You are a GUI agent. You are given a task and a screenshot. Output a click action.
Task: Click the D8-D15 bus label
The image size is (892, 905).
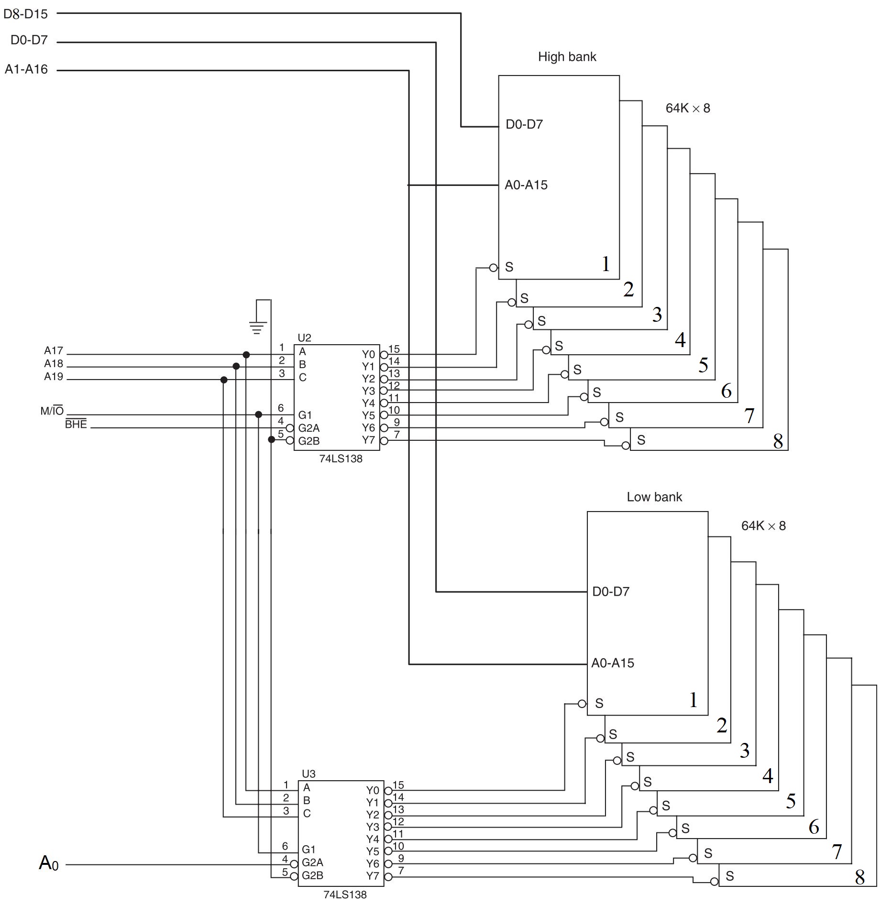(25, 14)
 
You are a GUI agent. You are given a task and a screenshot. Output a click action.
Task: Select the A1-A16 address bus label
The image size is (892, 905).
(26, 69)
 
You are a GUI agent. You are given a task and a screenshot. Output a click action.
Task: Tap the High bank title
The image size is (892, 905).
(567, 57)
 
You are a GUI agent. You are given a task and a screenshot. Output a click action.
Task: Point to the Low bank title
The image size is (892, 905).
(654, 497)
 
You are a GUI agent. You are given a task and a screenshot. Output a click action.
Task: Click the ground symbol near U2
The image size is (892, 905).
(258, 327)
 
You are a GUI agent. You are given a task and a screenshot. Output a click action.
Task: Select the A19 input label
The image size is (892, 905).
(54, 377)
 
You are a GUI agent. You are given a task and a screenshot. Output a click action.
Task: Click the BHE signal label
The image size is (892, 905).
(76, 424)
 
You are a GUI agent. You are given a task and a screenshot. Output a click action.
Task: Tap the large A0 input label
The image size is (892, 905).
(48, 863)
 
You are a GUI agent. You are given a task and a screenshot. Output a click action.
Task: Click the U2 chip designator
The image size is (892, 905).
(304, 338)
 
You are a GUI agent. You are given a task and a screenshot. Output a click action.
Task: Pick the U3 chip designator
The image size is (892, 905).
(308, 774)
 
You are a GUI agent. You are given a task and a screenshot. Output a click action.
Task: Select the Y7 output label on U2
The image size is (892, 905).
(368, 440)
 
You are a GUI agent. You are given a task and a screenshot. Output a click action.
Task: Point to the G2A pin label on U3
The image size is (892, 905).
(312, 862)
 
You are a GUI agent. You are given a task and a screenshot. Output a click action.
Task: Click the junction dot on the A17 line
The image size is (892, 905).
(246, 355)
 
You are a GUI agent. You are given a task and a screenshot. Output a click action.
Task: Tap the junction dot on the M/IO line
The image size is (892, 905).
(259, 414)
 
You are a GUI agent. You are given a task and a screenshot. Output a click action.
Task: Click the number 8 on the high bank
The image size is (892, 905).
(778, 441)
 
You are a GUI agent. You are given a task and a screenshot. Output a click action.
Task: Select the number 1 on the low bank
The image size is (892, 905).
(694, 700)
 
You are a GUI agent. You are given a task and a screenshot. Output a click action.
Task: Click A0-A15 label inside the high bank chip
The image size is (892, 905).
(526, 185)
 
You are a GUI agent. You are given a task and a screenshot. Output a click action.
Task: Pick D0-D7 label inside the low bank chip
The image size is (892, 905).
(611, 591)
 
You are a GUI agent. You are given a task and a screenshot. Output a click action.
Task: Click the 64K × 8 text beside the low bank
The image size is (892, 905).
(763, 526)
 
